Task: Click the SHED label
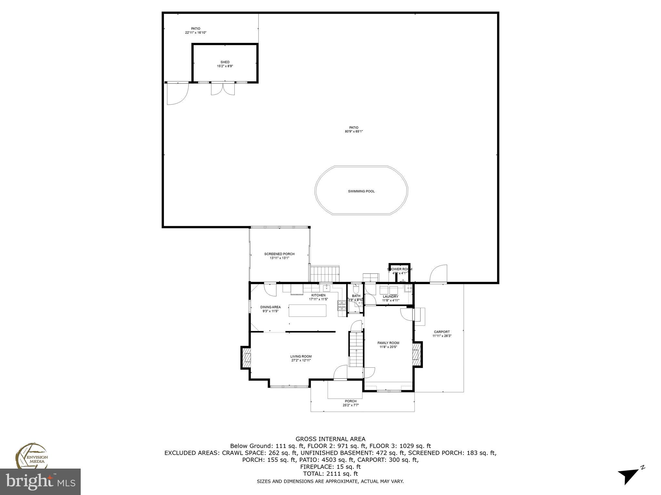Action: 225,62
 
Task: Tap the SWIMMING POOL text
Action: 361,191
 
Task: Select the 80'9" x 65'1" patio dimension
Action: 354,131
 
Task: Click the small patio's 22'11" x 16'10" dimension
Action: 196,33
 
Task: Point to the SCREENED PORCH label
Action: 279,254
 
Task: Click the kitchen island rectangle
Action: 307,310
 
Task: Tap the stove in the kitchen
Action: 341,305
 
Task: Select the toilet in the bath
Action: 356,288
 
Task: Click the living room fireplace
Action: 246,357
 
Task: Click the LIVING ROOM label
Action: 301,356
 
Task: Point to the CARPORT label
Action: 442,332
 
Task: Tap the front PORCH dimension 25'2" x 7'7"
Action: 351,405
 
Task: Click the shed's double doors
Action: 223,89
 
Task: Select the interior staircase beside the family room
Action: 356,349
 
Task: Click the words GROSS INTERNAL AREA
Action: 330,439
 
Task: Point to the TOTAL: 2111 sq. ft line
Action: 330,474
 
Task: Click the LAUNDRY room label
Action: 391,296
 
